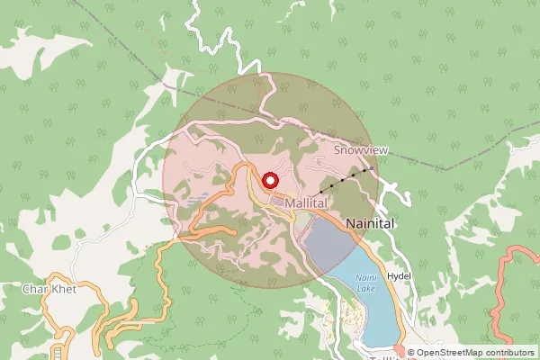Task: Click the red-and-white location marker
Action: [x=269, y=179]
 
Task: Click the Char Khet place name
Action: [x=49, y=290]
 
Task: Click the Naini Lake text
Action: [x=365, y=283]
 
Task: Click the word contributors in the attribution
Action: [x=511, y=353]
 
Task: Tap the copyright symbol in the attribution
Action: [x=411, y=353]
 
